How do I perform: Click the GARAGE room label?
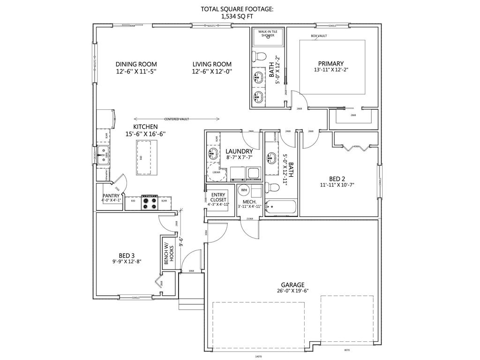292,285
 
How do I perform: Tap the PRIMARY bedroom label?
331,64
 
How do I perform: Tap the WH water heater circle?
244,190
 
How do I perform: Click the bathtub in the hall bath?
280,207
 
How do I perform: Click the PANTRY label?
112,196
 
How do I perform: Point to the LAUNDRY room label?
239,151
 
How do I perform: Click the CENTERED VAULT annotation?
177,119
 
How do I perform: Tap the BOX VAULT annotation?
319,36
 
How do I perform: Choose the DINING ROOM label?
136,64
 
